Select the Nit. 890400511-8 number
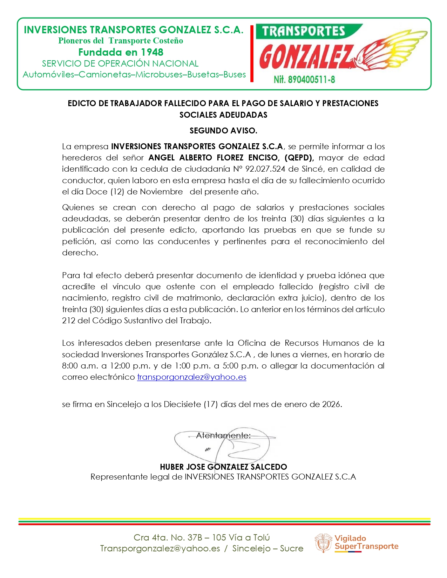304,80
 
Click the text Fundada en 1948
121,52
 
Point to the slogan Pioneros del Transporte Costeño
121,41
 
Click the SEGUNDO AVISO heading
223,131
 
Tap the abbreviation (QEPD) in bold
299,158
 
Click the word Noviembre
161,192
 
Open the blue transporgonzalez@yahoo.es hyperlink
191,377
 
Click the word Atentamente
223,435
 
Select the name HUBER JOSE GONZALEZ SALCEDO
223,467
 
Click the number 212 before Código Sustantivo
68,321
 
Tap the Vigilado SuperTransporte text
366,542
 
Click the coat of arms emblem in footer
323,543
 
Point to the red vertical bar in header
252,53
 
